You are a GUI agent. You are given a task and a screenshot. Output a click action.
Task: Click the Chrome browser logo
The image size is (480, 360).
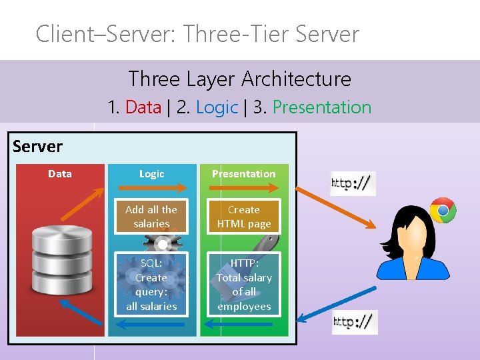coord(443,211)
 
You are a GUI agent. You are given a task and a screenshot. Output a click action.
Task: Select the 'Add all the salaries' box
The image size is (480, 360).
coord(151,216)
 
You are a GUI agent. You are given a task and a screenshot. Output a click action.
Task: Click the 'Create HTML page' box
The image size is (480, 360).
coord(244,216)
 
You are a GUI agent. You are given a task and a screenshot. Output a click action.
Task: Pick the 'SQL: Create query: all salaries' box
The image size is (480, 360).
coord(151,284)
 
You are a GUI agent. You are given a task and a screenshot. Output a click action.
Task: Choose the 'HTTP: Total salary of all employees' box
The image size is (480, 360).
coord(244,284)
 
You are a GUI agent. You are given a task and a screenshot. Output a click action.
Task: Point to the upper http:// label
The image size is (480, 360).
coord(353,183)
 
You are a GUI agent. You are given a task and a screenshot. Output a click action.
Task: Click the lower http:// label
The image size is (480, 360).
coord(355,322)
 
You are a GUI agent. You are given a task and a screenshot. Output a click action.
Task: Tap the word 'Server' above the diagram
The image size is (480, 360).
coord(37,147)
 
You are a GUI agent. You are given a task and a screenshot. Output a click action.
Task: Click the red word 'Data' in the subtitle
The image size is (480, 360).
coord(143,107)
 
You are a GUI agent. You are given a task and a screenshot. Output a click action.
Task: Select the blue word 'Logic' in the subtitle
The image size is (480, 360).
coord(217,107)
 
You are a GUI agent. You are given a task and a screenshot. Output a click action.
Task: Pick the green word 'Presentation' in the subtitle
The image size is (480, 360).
coord(322,107)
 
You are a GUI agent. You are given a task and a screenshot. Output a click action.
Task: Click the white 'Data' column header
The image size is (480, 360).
coord(60,174)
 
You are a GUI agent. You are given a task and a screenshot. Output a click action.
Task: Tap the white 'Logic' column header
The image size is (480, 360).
coord(151,174)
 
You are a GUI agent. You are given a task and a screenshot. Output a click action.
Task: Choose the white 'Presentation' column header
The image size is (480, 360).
coord(244,174)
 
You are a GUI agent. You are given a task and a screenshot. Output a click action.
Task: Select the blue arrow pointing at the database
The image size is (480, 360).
coord(81,312)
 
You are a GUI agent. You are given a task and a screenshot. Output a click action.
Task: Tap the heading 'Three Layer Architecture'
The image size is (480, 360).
coord(239,79)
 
